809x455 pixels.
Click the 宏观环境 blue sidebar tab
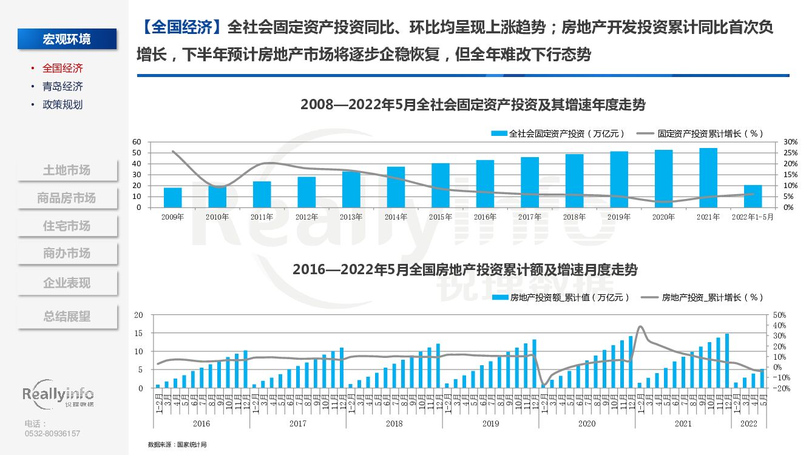tap(67, 39)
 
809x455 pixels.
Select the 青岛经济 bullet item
tap(63, 86)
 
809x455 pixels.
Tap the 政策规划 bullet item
tap(63, 104)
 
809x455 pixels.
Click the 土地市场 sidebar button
tap(67, 170)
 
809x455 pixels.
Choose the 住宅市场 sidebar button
tap(67, 226)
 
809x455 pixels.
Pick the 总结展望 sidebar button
tap(67, 317)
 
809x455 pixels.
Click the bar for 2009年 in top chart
tap(173, 197)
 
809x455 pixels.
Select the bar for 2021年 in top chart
tap(708, 178)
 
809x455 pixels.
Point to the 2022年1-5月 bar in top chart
tap(753, 196)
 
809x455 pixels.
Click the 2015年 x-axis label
tap(441, 217)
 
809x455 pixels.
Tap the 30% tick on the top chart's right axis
tap(790, 141)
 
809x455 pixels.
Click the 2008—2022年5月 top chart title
tap(473, 104)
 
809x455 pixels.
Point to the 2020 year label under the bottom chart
tap(587, 423)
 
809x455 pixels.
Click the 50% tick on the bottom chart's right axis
tap(780, 315)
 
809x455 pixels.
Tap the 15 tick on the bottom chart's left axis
tap(139, 333)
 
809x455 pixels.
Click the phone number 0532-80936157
tap(52, 433)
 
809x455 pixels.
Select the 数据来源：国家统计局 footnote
tap(177, 445)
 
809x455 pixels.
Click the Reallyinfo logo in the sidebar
tap(58, 395)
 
